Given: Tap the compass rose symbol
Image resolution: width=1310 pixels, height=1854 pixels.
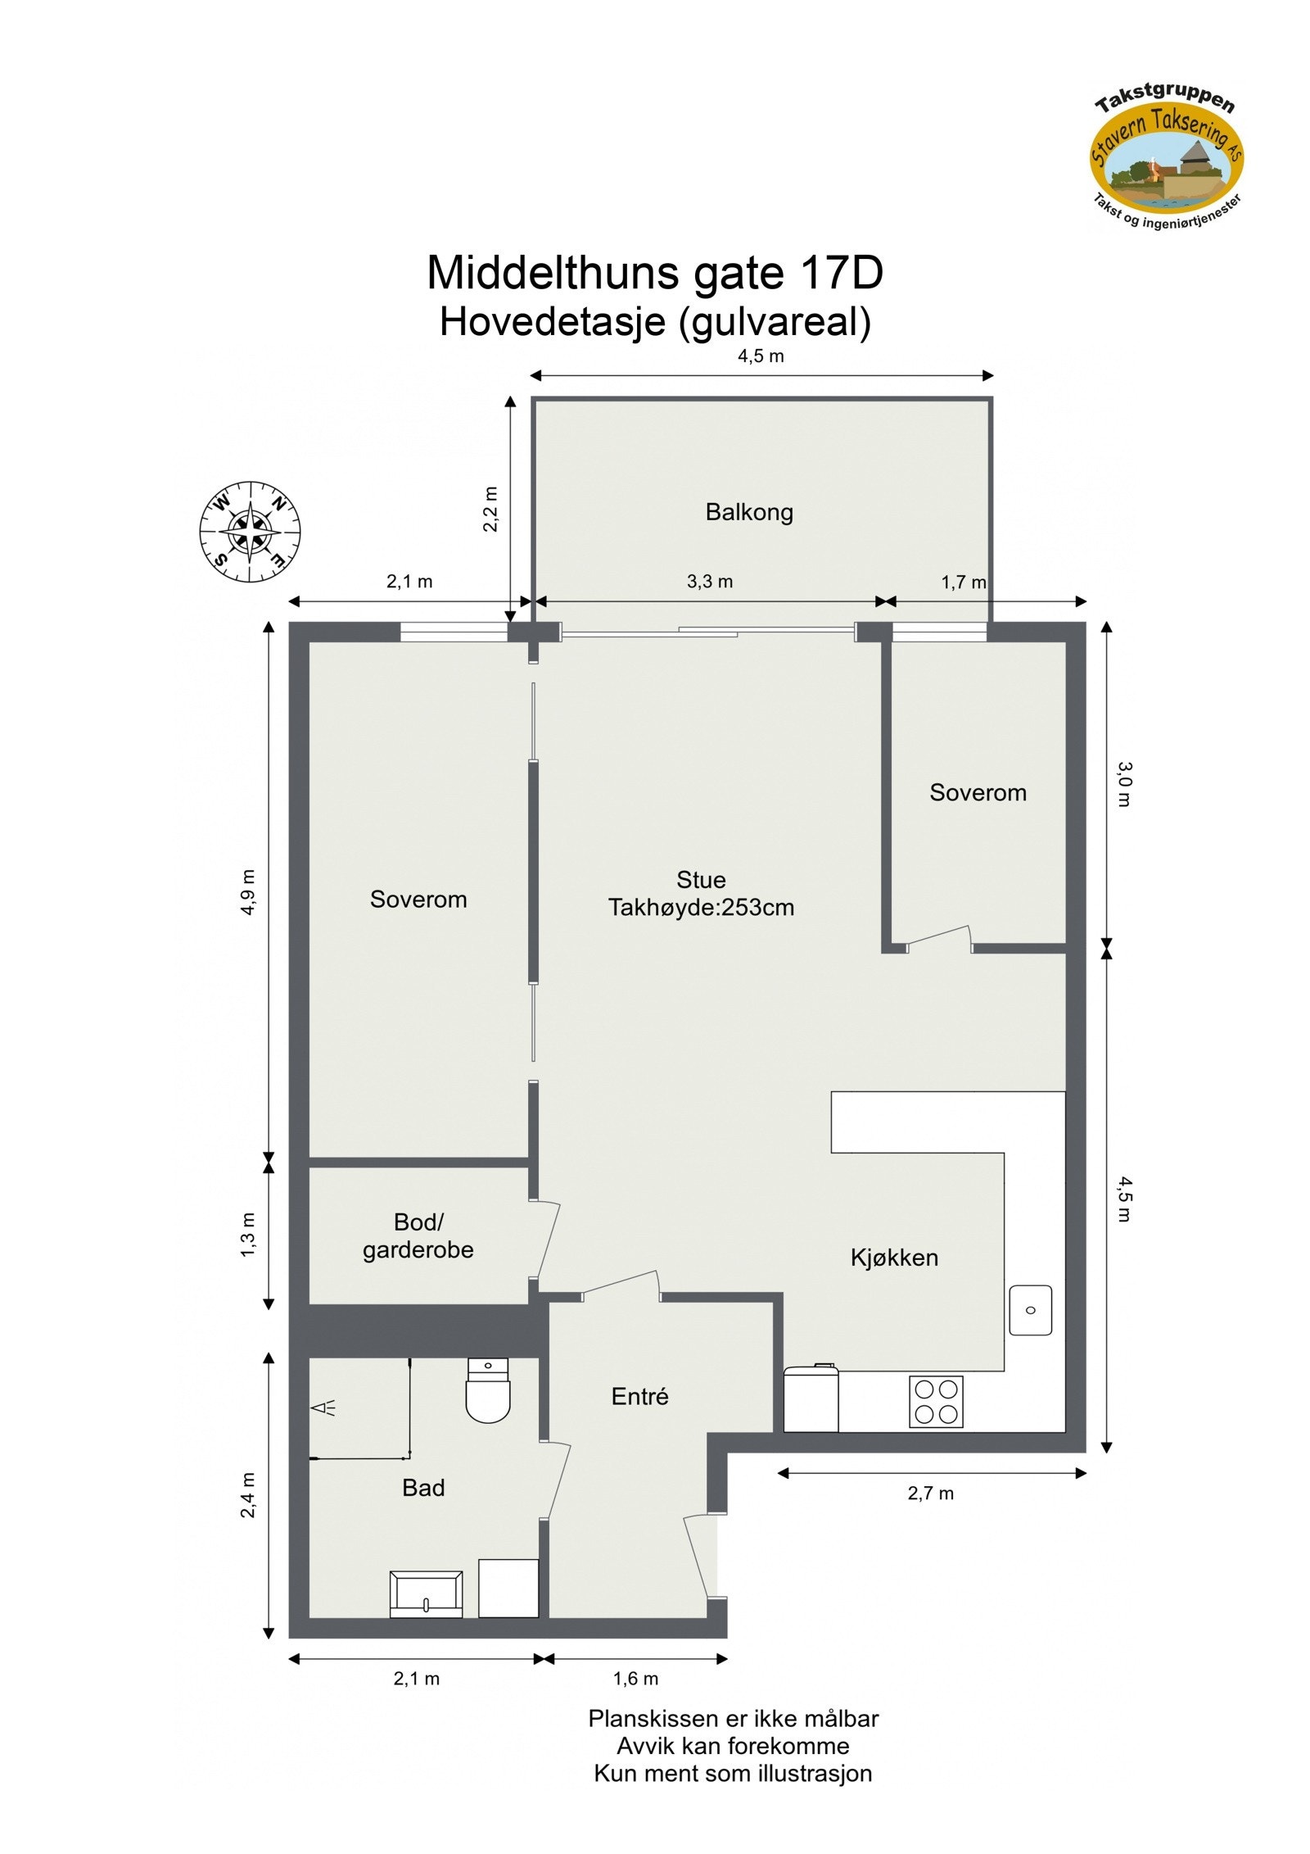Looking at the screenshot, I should [x=251, y=532].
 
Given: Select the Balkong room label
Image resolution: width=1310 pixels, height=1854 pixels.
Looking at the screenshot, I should [x=749, y=513].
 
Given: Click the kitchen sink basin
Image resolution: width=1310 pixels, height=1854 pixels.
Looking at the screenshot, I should [x=1030, y=1309].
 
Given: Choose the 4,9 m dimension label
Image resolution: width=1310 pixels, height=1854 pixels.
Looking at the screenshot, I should [x=247, y=891].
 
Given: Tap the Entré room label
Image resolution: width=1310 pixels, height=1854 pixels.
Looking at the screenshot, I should [x=639, y=1396].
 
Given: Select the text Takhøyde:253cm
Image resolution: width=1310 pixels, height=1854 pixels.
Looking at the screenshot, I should [x=701, y=908].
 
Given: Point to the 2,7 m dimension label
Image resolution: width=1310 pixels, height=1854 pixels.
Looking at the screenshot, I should [x=930, y=1493].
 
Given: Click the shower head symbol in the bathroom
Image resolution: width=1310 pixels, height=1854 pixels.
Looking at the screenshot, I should [x=324, y=1407].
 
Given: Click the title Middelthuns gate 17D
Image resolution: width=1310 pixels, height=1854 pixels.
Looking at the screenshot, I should [x=655, y=273].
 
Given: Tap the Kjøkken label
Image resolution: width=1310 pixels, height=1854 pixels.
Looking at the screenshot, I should [x=894, y=1258].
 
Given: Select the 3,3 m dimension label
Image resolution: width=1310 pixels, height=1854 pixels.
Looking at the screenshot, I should [x=710, y=582].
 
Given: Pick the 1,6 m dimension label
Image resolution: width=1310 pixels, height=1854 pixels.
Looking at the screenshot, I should [x=635, y=1678].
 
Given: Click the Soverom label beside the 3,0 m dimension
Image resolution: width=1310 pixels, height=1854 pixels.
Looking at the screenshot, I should [x=978, y=793].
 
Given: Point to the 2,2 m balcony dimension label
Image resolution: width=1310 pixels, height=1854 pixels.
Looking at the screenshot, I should [x=490, y=509].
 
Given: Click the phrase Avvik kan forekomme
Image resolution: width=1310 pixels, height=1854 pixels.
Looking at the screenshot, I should [x=733, y=1745].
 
